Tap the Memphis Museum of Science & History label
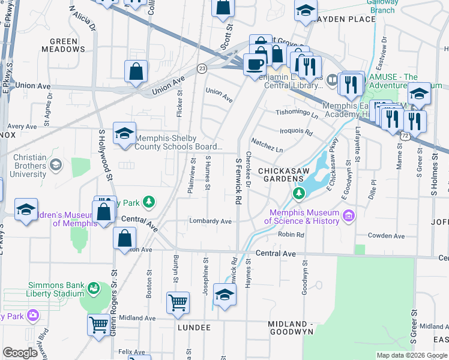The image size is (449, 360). point(304,217)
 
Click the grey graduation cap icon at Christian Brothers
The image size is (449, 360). point(56,164)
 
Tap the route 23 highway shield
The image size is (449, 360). point(202,69)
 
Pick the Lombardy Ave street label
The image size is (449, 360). point(210,221)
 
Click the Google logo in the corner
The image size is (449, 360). point(20,353)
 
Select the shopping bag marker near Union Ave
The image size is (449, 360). point(137,71)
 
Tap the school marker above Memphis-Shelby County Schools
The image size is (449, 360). point(124,134)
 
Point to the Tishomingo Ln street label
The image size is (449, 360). point(297,113)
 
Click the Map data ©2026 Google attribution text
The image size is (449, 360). point(411,355)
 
